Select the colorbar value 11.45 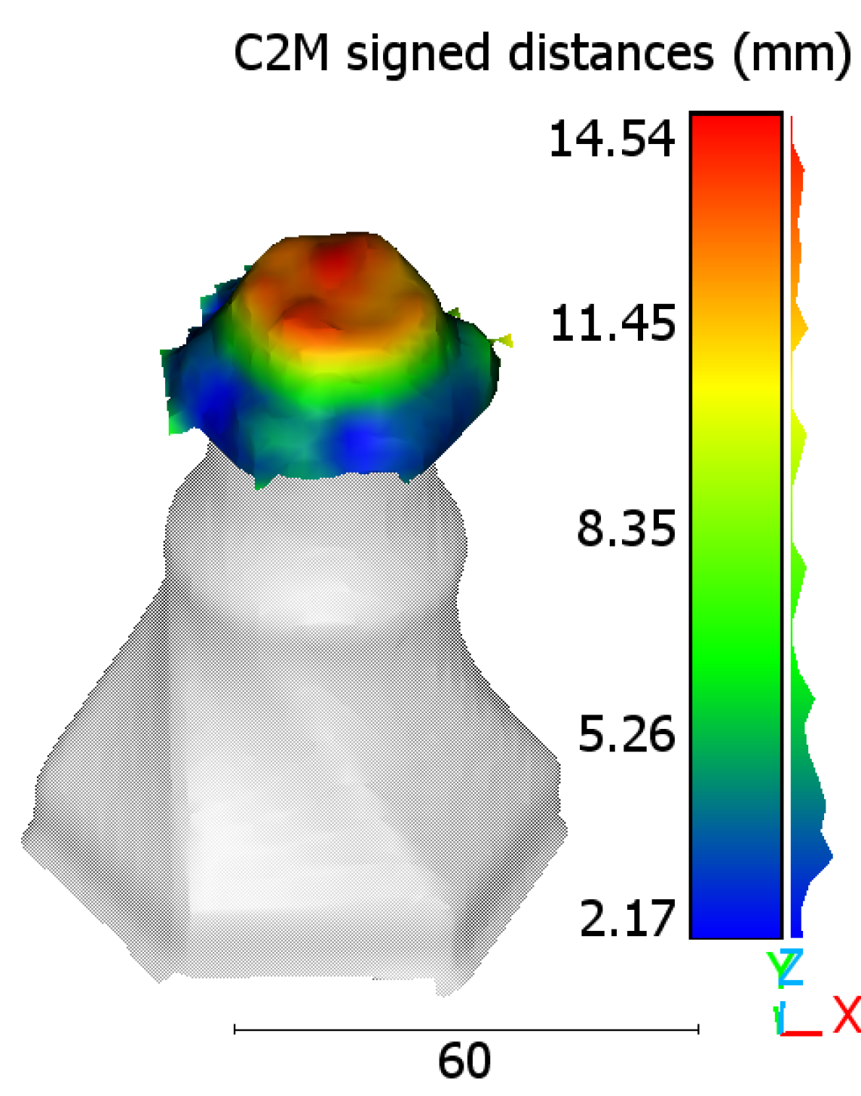pos(613,323)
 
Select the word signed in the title pos(418,54)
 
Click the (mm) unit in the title pos(792,54)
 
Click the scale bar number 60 pos(464,1061)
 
